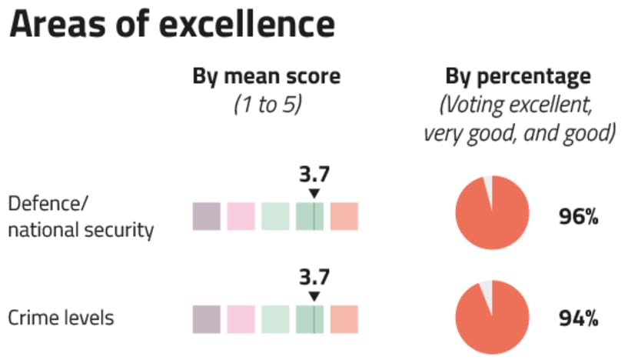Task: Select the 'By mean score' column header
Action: click(266, 77)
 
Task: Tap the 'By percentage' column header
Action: click(519, 77)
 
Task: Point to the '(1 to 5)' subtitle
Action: click(266, 105)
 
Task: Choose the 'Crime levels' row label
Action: click(61, 318)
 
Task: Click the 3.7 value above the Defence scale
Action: click(313, 176)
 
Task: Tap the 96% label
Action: click(578, 217)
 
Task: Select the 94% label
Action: click(578, 318)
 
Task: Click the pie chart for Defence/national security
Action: click(492, 212)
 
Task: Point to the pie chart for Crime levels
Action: click(492, 317)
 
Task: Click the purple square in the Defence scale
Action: click(206, 216)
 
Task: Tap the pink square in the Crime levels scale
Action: click(241, 318)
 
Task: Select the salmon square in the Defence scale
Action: click(344, 216)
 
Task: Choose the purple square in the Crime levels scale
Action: click(206, 318)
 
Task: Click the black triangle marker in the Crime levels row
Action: click(313, 296)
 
